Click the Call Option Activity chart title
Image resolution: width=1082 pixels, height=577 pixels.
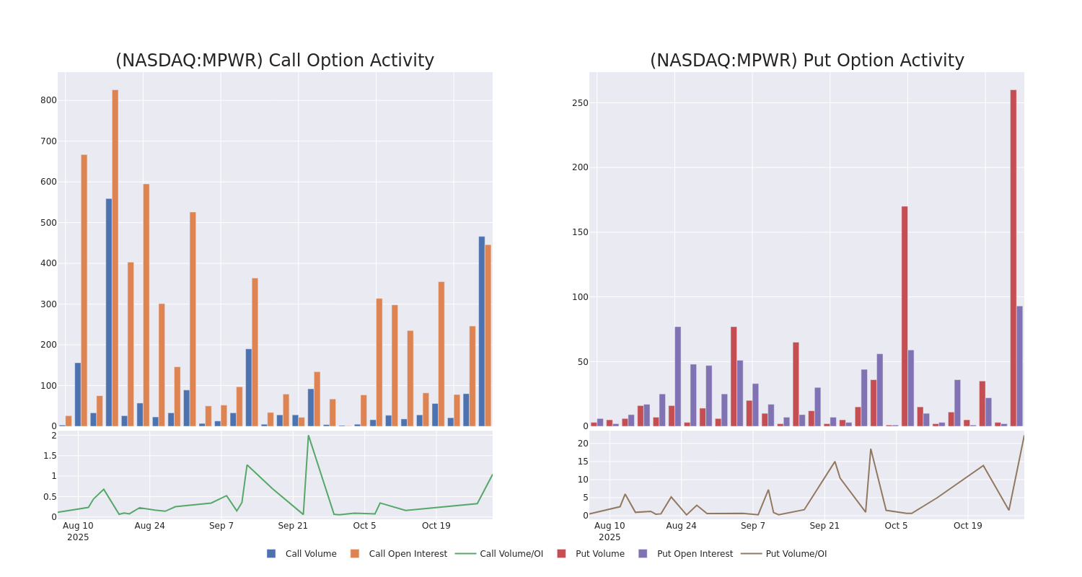coord(275,61)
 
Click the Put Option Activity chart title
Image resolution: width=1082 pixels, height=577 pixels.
coord(806,61)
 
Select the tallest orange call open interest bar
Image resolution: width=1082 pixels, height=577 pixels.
coord(115,257)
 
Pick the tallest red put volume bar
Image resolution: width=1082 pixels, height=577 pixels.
coord(1013,257)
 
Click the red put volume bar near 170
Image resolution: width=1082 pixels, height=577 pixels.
coord(905,316)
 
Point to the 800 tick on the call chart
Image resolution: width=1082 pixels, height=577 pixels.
coord(48,100)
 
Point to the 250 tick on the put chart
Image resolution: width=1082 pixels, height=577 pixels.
coord(579,103)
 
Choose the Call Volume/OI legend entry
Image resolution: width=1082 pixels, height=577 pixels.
coord(499,554)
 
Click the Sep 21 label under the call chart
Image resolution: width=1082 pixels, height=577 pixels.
coord(293,526)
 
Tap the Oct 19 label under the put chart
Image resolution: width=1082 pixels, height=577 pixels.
coord(967,526)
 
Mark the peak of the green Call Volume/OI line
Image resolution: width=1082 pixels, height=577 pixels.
coord(308,435)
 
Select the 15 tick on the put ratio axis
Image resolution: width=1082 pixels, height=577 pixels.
coord(583,462)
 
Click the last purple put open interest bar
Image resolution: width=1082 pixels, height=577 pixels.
coord(1019,366)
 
